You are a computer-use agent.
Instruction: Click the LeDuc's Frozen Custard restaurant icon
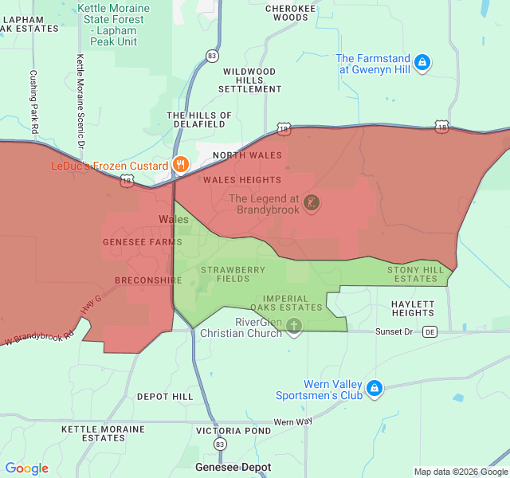click(x=181, y=166)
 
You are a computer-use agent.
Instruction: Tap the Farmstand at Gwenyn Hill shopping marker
click(x=423, y=62)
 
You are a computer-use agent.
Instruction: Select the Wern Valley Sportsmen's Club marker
click(x=375, y=389)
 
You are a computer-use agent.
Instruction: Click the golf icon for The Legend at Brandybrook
click(x=312, y=203)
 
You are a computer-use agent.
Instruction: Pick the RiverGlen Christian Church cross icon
click(x=294, y=327)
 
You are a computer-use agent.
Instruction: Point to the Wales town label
click(x=174, y=219)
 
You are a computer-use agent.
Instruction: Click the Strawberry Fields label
click(x=233, y=274)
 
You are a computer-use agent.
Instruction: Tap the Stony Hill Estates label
click(x=416, y=274)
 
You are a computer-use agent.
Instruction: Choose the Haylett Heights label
click(x=413, y=308)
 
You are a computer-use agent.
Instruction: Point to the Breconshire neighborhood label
click(x=148, y=280)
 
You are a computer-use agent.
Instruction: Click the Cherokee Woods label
click(x=285, y=13)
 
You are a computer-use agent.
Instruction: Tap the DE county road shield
click(x=430, y=331)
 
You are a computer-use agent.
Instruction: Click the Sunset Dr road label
click(x=394, y=331)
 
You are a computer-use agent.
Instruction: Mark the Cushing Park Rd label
click(x=33, y=101)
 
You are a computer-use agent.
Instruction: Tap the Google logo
click(x=26, y=468)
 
